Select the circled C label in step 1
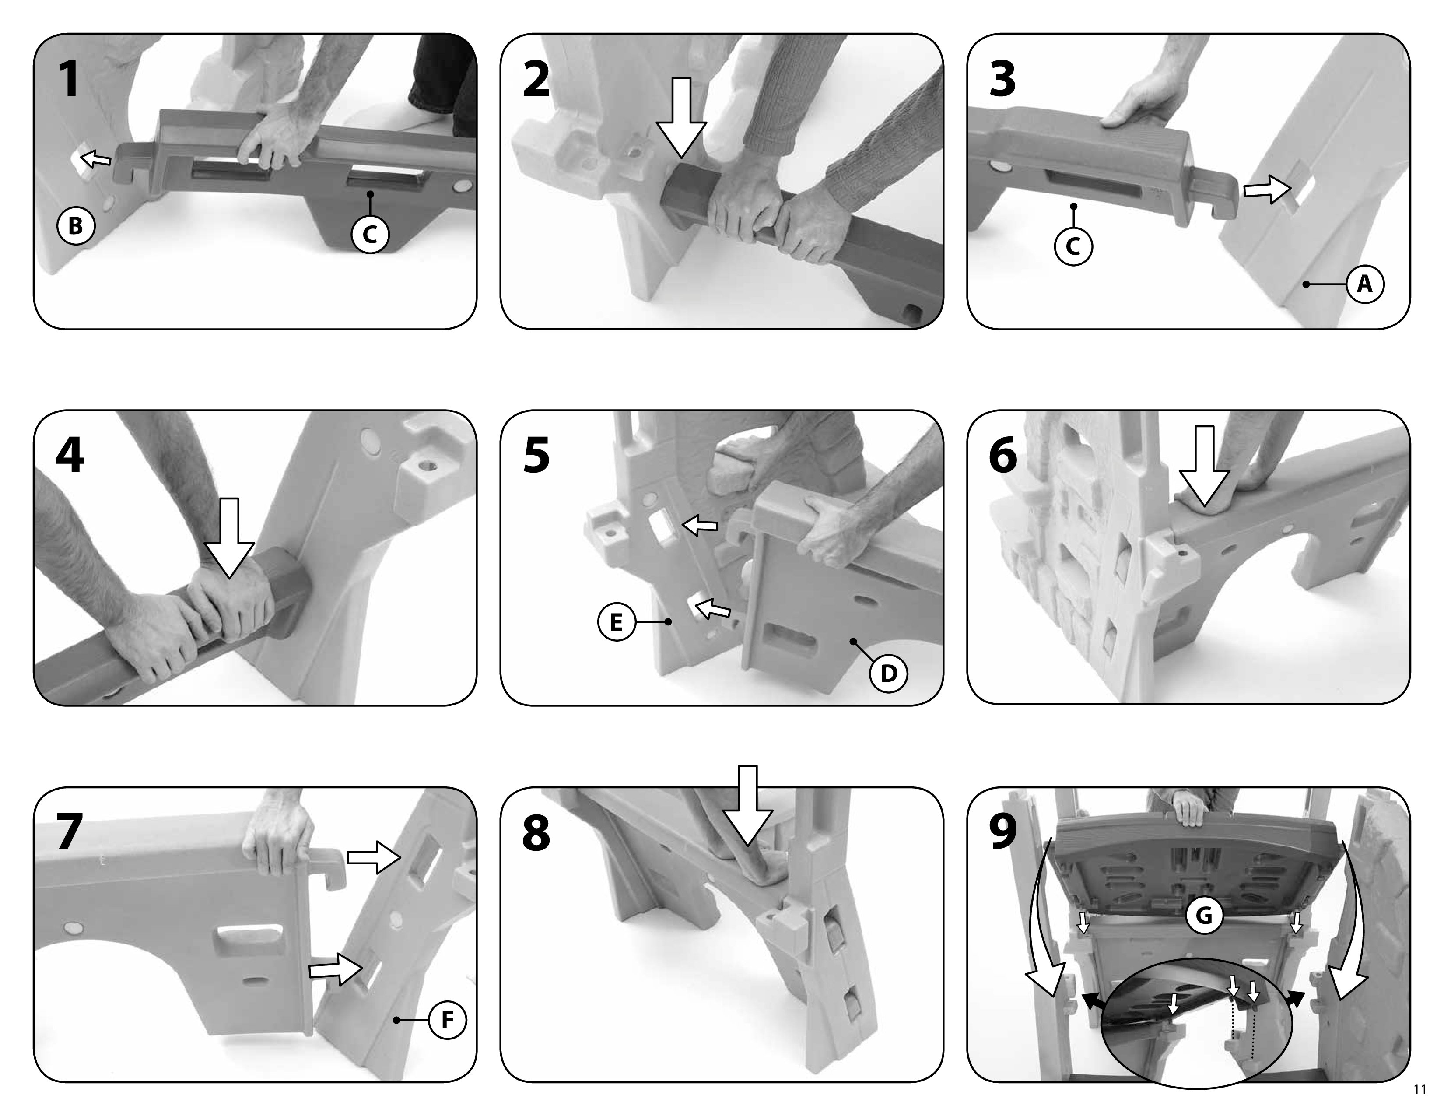pos(370,234)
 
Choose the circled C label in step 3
pos(1073,246)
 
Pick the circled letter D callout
pos(889,673)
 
